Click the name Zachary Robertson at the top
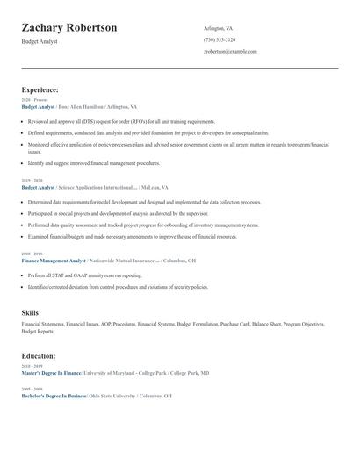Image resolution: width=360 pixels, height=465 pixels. [x=68, y=28]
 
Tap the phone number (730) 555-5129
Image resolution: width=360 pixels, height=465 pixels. [x=220, y=39]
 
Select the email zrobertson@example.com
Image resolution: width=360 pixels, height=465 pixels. [x=230, y=52]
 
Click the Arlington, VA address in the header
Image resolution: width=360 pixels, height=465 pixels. [x=219, y=28]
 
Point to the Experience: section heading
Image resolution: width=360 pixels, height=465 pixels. [x=40, y=89]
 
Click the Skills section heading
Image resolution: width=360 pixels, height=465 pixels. [x=31, y=311]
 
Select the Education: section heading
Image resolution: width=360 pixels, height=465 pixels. [x=39, y=356]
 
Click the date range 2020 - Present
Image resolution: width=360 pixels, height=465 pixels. [x=34, y=100]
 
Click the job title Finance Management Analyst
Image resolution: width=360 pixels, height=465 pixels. [x=53, y=261]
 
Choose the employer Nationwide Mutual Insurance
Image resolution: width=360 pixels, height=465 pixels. [x=124, y=261]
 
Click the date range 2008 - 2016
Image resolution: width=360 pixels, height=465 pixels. [x=32, y=254]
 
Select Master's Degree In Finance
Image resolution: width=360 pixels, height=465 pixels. [x=51, y=373]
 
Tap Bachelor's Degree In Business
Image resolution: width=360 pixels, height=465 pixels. [x=54, y=396]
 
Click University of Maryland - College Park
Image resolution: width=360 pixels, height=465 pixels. [x=122, y=373]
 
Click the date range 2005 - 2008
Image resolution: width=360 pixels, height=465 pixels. [x=32, y=389]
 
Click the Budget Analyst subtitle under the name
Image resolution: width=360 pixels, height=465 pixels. [x=40, y=41]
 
